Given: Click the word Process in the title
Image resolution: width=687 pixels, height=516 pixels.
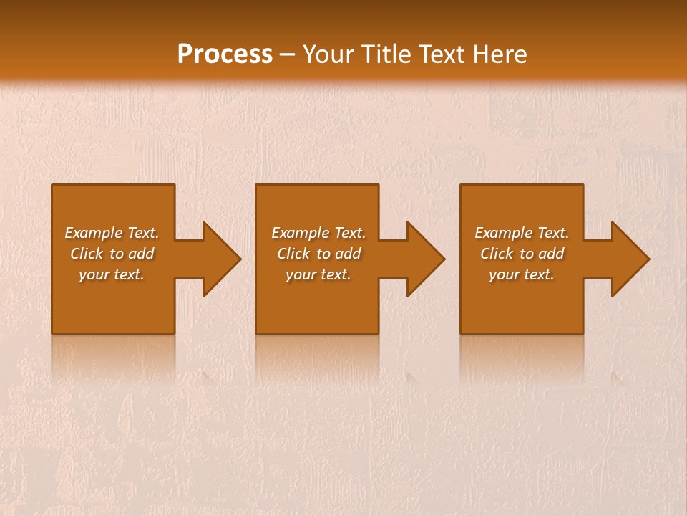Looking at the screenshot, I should coord(225,54).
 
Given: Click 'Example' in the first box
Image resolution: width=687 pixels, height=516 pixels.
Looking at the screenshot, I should coord(94,233).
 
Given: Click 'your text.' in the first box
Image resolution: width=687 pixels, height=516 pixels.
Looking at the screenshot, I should coord(112,274).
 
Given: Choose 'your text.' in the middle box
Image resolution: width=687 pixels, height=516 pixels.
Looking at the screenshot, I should coord(318,274).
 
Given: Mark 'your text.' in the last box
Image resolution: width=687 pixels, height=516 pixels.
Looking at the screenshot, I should coord(522,274).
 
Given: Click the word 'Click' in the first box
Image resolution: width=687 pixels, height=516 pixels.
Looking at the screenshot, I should coord(87,254).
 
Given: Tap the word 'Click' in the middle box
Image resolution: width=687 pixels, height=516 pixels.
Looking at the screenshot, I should coord(293,254).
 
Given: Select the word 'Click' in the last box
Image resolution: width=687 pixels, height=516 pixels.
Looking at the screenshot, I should coord(497,254).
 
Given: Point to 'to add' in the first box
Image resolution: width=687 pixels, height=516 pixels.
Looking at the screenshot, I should coord(132,254).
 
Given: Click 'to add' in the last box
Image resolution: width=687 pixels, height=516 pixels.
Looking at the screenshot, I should coord(542,254).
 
